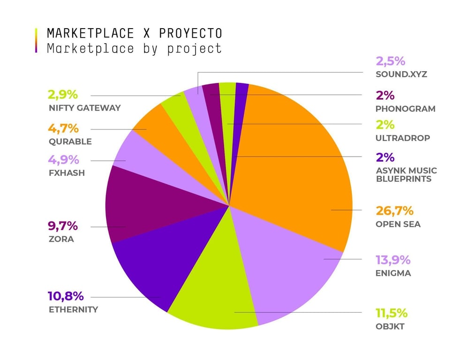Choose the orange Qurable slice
coord(150,127)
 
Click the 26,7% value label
coord(394,211)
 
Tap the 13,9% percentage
coord(393,260)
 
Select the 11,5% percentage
coord(392,313)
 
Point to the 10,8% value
coord(66,296)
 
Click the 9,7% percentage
coord(62,226)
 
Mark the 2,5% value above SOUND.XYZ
coord(390,61)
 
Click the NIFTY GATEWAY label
coord(84,108)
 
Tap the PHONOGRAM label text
coord(405,109)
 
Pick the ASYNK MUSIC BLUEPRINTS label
coord(406,174)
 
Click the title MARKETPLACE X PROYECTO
coord(134,34)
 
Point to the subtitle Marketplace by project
coord(134,48)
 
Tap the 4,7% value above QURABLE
coord(63,128)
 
